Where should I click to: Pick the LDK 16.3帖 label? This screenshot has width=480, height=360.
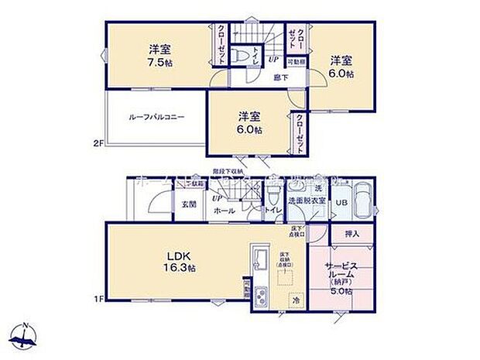(x=178, y=262)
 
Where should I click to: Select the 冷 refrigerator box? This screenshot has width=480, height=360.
(x=295, y=299)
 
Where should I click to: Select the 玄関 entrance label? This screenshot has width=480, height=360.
(x=188, y=204)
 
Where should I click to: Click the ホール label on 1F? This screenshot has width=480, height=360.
(x=225, y=210)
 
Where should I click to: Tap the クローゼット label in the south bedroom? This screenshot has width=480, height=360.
(x=298, y=133)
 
